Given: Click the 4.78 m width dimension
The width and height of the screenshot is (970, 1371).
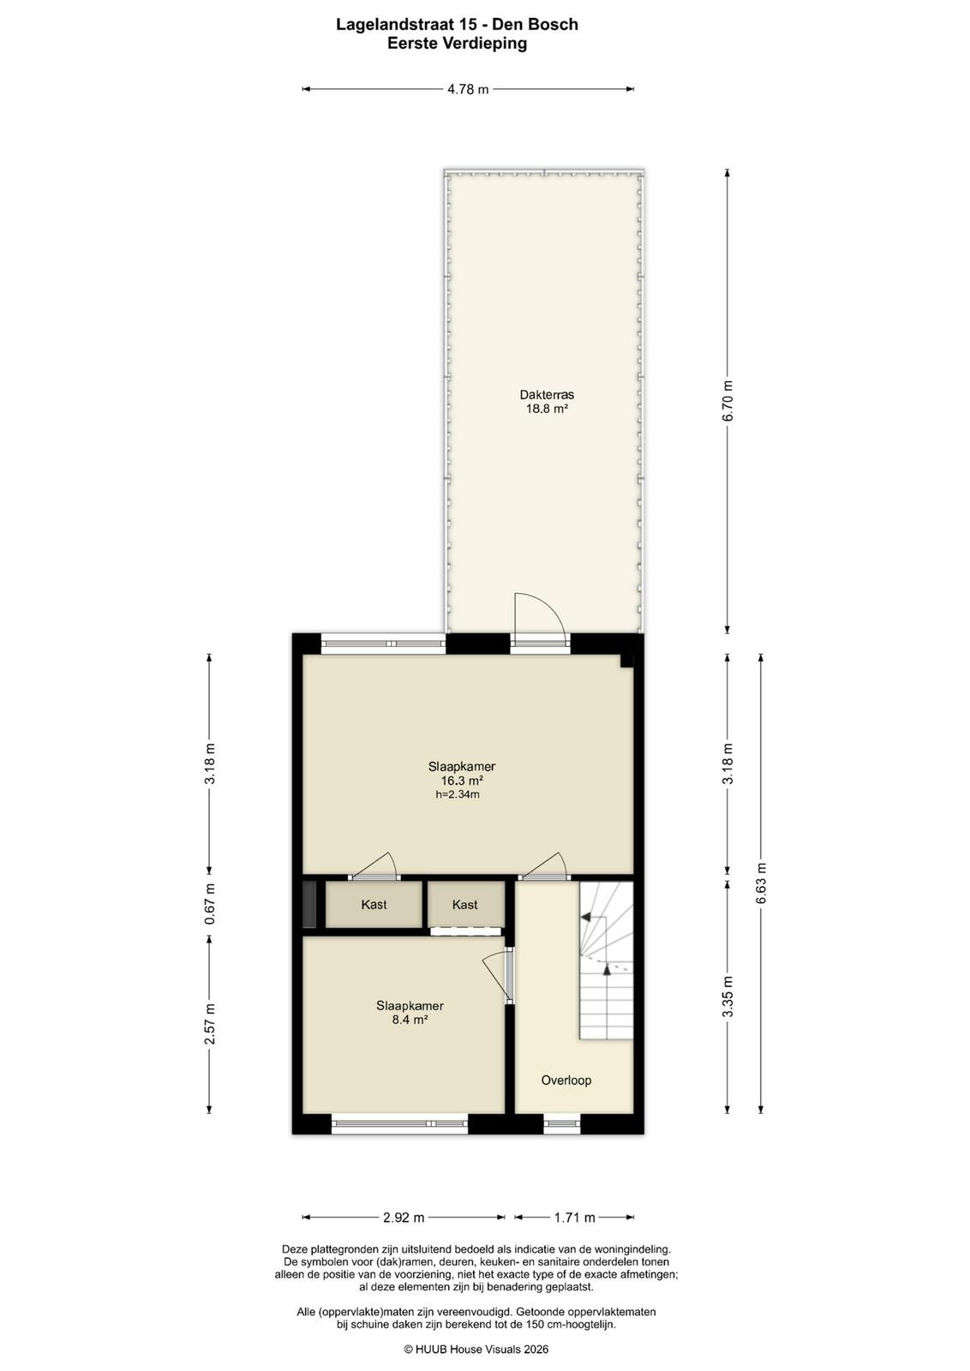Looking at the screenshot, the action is click(468, 89).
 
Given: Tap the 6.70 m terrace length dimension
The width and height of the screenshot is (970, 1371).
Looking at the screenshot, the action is click(727, 401).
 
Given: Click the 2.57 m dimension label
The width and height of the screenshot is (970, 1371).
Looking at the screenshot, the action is click(209, 1023).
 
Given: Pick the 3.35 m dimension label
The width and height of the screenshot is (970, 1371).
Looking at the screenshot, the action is click(727, 996).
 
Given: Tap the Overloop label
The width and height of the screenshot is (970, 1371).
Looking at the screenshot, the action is click(566, 1081).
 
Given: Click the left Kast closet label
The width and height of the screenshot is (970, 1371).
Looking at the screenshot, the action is click(374, 904).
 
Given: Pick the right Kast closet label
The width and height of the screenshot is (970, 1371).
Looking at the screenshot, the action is click(464, 904).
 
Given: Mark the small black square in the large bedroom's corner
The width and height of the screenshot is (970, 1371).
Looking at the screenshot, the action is click(627, 661).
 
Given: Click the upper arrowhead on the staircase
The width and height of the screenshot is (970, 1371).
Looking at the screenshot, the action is click(585, 917).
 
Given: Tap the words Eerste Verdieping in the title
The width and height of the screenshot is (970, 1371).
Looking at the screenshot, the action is click(457, 44).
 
